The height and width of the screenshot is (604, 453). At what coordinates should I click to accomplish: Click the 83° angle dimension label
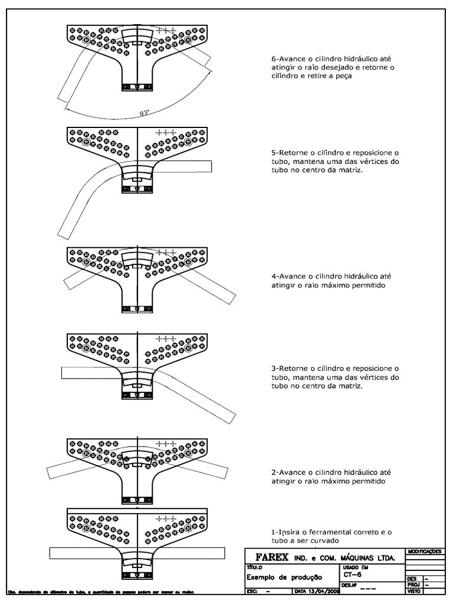(x=144, y=113)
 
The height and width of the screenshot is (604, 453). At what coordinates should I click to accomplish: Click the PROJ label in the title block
(x=413, y=585)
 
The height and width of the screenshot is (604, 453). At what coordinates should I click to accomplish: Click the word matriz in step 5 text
(x=347, y=170)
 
